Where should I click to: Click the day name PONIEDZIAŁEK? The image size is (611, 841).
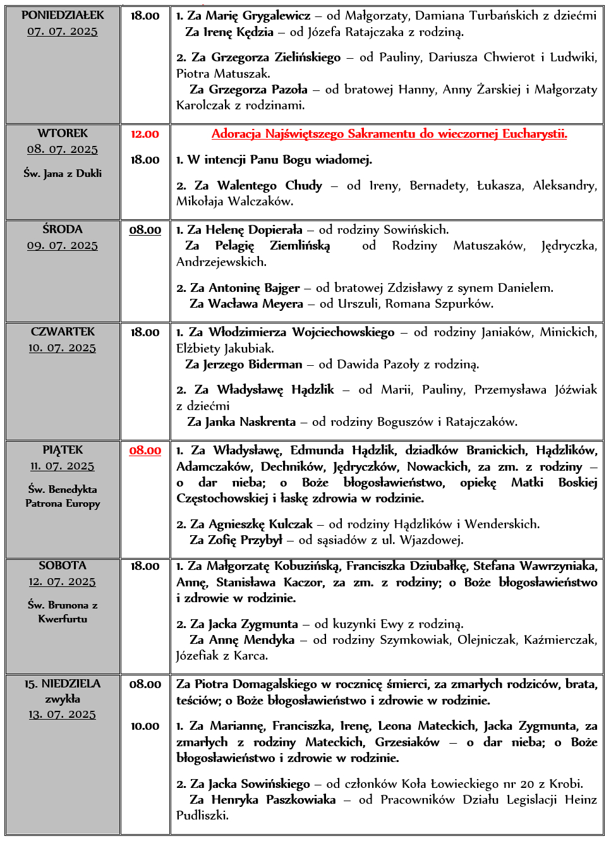(63, 15)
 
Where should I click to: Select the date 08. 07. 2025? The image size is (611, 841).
(63, 149)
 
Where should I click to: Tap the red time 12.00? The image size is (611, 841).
(145, 134)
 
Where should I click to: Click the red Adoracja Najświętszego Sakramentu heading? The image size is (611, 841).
(389, 134)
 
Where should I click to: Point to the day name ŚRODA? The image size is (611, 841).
(63, 229)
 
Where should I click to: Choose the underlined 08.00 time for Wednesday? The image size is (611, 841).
(145, 230)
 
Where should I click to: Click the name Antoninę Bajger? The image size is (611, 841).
(254, 288)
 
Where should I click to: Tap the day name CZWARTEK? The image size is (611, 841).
(63, 332)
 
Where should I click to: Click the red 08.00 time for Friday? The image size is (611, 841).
(145, 451)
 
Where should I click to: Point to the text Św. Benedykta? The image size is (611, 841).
(63, 489)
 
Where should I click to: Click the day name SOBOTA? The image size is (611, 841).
(63, 566)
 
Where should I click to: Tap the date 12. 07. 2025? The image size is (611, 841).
(63, 581)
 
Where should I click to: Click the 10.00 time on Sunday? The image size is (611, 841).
(145, 727)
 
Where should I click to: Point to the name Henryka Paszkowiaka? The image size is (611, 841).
(274, 800)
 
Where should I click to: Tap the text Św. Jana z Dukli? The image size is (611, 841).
(63, 173)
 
